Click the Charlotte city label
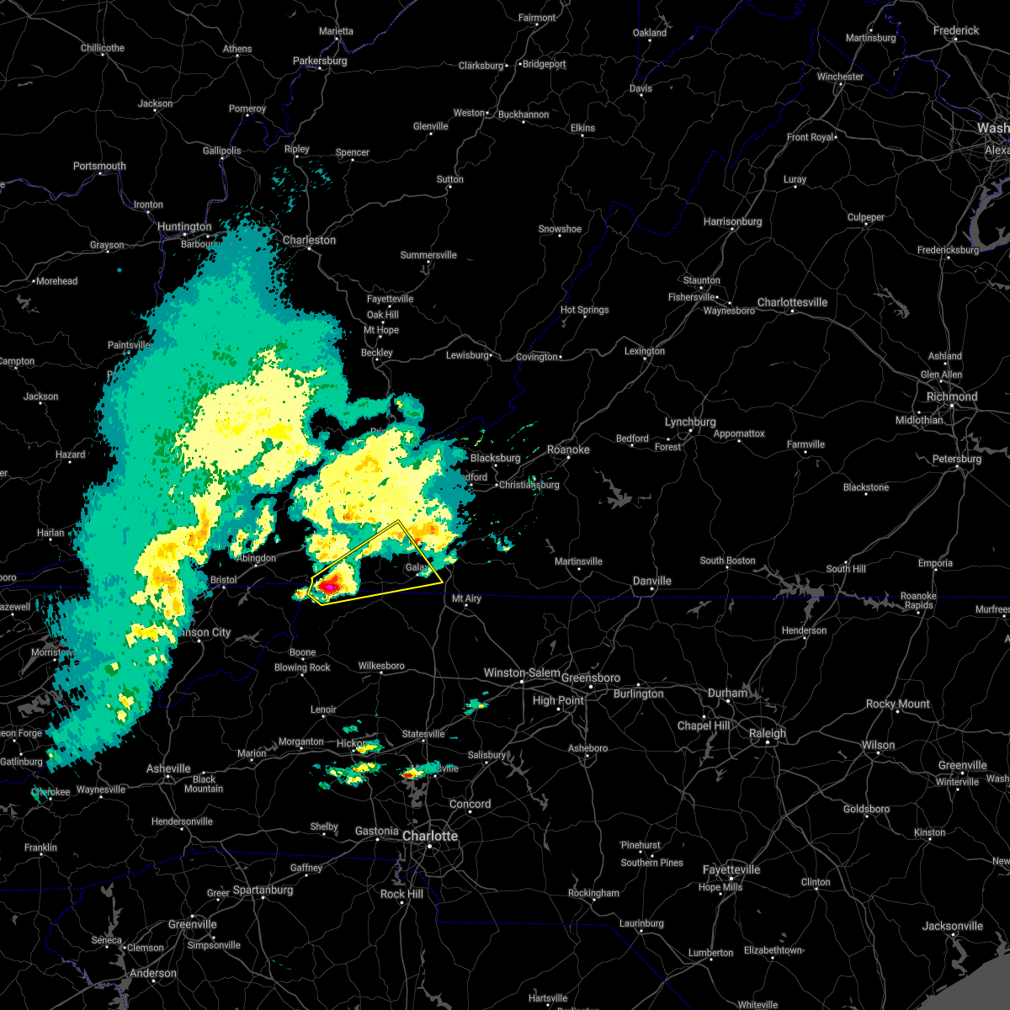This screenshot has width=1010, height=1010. click(x=430, y=837)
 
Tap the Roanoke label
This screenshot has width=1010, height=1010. click(x=568, y=450)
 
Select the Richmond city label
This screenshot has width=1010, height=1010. click(x=952, y=397)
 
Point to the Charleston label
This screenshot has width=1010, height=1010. click(x=309, y=241)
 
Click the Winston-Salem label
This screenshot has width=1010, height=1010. click(x=522, y=673)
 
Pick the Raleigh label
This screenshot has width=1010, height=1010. click(x=768, y=734)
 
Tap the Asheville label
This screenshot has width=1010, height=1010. click(x=168, y=769)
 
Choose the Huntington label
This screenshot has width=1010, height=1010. click(x=184, y=227)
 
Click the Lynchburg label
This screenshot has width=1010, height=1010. click(x=690, y=423)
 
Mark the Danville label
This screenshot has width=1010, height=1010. click(x=652, y=582)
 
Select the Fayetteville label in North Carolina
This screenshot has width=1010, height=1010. click(x=732, y=870)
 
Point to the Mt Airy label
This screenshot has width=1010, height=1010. click(x=466, y=599)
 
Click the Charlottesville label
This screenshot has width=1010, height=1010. click(x=792, y=303)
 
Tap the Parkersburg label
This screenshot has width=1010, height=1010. click(x=320, y=61)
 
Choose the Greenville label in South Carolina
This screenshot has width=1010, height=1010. click(x=192, y=925)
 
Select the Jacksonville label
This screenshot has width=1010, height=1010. click(x=952, y=927)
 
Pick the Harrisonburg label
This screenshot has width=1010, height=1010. click(x=732, y=222)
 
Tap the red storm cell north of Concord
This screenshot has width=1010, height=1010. click(x=412, y=773)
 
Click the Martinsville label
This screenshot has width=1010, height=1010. click(x=578, y=562)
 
